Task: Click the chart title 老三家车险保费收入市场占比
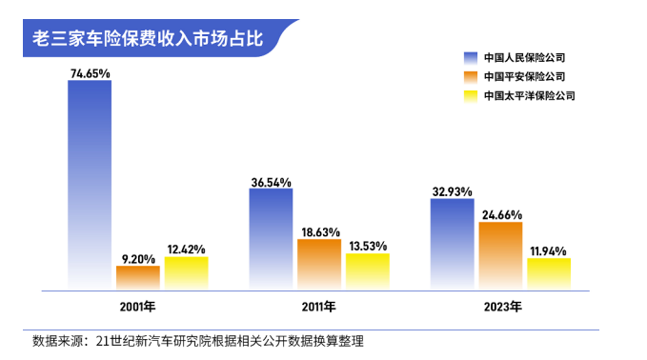148,41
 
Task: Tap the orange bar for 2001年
138,277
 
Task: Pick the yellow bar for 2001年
186,272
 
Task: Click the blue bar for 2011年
271,238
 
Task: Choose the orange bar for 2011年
319,264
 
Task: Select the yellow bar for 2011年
367,270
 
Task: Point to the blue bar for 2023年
452,243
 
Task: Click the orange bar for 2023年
500,255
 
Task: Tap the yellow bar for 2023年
549,273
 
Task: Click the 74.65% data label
90,72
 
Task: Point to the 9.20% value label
138,258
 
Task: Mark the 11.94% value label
550,250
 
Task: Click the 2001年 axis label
137,307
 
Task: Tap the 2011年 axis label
318,307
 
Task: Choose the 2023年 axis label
501,307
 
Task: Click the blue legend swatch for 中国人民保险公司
470,57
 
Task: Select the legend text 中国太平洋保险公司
529,95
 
